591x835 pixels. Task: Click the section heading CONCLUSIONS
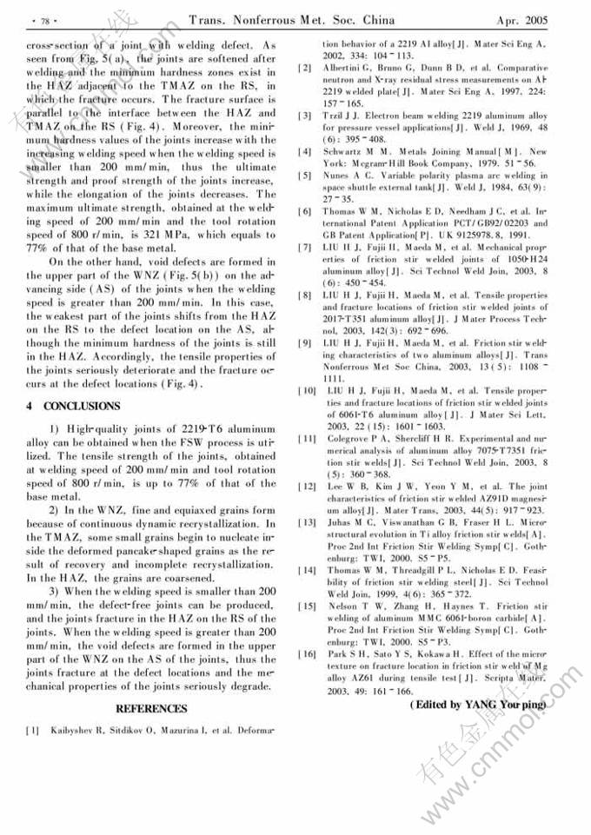(x=73, y=406)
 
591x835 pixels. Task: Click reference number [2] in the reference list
(x=304, y=68)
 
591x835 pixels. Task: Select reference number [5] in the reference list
(x=304, y=175)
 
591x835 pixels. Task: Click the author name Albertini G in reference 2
(x=351, y=68)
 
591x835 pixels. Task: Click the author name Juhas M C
(x=350, y=522)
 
